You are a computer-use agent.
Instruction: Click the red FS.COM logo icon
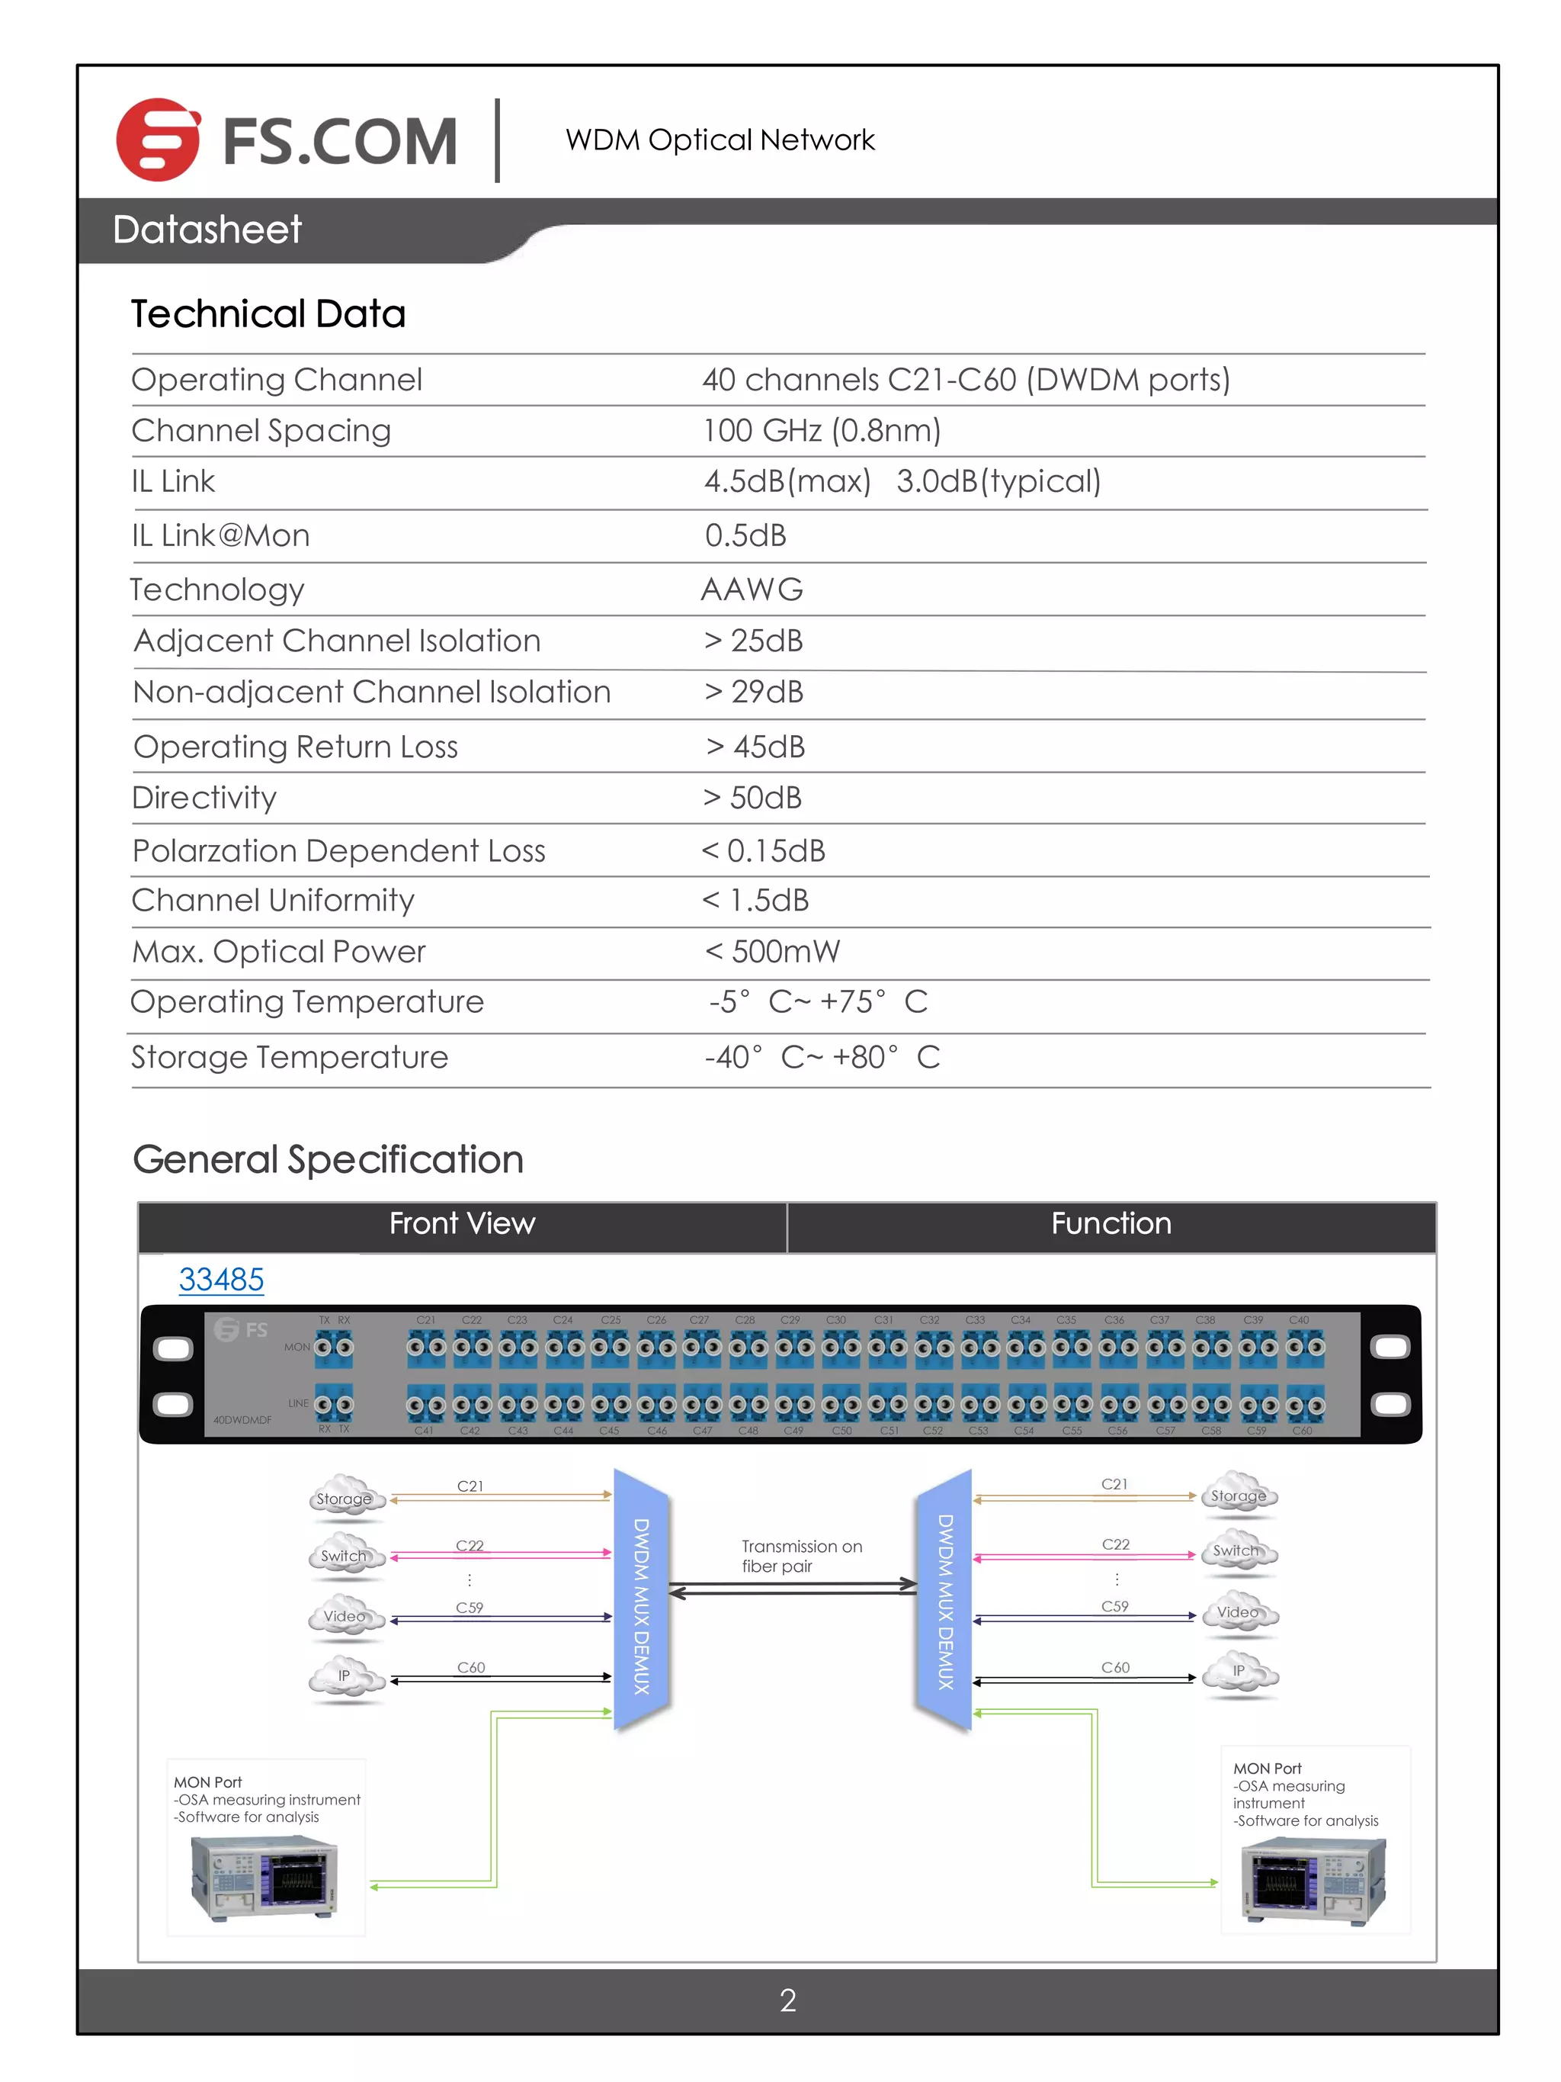tap(157, 140)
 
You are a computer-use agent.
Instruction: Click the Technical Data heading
tap(268, 313)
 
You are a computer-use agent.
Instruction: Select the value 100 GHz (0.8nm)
tap(822, 430)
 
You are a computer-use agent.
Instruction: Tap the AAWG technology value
tap(752, 590)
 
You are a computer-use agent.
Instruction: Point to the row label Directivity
tap(204, 797)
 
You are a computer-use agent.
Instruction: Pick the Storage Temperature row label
tap(290, 1057)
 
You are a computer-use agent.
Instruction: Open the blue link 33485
tap(221, 1279)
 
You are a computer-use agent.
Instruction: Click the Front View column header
tap(462, 1223)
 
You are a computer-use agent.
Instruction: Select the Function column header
tap(1111, 1223)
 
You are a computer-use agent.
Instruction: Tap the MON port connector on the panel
tap(334, 1347)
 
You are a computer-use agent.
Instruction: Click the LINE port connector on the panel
tap(334, 1404)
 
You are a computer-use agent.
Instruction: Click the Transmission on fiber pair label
tap(801, 1556)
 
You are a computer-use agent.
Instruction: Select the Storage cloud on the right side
tap(1239, 1496)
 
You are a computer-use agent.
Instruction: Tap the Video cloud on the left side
tap(345, 1616)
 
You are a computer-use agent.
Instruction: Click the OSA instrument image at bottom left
tap(265, 1878)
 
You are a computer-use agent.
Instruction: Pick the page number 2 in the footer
tap(787, 2000)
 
